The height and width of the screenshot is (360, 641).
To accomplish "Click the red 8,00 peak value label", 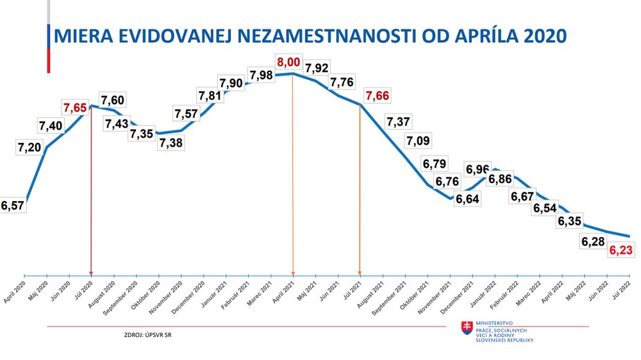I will click(288, 63).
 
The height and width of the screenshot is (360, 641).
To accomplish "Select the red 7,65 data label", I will click(76, 107).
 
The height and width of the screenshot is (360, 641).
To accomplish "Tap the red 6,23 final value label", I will click(621, 251).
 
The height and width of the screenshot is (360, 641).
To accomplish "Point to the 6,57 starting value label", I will click(13, 205).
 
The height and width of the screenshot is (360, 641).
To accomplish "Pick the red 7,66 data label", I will click(377, 96).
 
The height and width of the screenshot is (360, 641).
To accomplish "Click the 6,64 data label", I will click(467, 198).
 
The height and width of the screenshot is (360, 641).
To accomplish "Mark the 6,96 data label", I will click(478, 170).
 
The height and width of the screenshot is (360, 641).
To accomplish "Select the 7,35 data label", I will click(142, 134).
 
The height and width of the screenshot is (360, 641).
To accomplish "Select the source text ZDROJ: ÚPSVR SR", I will click(148, 334).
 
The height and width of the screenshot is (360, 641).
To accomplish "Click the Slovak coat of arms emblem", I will click(467, 329).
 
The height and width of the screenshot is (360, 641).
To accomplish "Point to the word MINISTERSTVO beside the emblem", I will click(494, 323).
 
